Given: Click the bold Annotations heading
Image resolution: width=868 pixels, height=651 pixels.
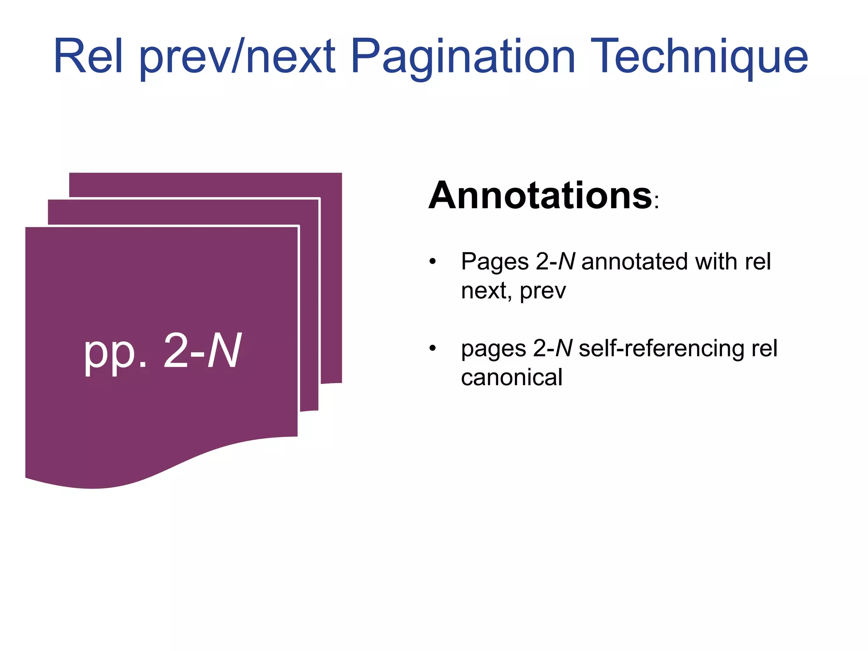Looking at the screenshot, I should pos(540,196).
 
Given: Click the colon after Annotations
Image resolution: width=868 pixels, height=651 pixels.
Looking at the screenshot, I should pos(657,202).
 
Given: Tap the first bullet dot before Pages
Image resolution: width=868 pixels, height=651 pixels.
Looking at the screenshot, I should pos(432,262).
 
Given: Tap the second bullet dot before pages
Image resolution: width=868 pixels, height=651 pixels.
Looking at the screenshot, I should pos(432,348).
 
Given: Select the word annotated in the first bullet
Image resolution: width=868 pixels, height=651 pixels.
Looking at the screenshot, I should pos(635,262).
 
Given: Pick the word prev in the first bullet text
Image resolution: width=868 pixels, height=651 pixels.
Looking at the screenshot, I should pos(543,292).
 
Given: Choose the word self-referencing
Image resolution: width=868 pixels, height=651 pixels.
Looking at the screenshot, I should pos(661,349).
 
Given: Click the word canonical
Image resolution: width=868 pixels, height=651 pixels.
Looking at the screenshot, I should pos(512,378).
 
